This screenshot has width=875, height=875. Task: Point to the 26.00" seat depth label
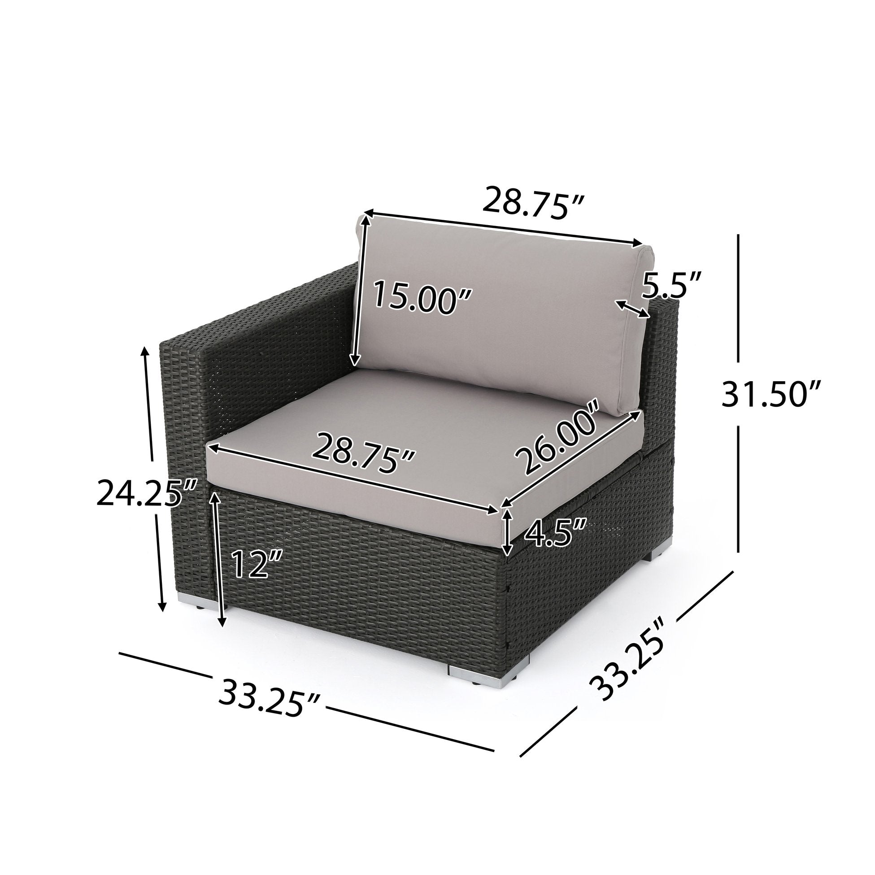coord(561,438)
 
